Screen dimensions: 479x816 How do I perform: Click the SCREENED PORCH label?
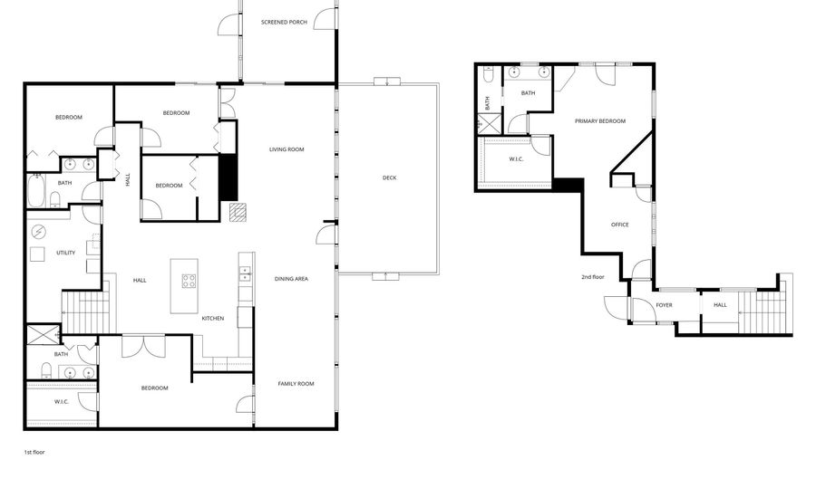284,22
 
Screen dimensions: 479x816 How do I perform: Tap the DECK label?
389,177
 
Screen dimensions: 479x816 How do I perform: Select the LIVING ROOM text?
286,149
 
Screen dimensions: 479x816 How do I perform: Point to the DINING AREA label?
291,279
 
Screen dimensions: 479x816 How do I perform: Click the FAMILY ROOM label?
296,384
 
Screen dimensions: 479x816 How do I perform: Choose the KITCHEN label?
213,318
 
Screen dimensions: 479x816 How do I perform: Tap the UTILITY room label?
65,253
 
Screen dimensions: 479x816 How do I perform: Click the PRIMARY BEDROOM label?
599,120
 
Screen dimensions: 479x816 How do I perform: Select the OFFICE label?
619,225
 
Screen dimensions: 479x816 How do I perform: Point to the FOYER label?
664,305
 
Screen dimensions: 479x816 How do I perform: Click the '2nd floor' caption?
593,277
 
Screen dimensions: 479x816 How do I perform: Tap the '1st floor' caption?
34,450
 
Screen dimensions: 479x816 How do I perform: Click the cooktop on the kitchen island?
189,281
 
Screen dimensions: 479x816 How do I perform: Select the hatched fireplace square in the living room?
237,212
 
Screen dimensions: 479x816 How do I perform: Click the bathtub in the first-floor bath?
35,190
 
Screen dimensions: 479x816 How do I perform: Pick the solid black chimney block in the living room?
228,178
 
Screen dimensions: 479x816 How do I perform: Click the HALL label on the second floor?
720,305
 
